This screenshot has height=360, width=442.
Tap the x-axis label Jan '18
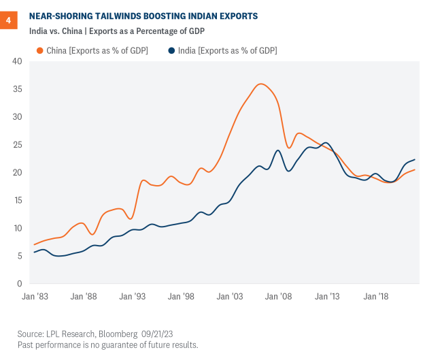[x=375, y=297]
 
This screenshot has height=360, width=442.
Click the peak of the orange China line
[x=261, y=84]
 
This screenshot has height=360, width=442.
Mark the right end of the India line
[x=414, y=159]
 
